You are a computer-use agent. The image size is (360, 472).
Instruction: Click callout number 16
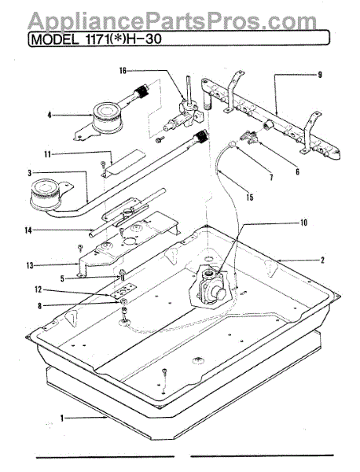(123, 71)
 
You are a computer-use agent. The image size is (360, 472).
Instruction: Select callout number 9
(320, 75)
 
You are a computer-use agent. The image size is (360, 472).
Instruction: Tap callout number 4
(50, 115)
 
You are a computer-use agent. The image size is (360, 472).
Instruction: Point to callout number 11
(47, 154)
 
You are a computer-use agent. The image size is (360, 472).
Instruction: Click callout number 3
(29, 173)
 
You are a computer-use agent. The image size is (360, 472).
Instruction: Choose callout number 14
(28, 231)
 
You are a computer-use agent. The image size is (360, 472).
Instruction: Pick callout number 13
(30, 266)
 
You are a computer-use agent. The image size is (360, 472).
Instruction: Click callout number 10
(303, 223)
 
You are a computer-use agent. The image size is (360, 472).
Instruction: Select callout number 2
(322, 260)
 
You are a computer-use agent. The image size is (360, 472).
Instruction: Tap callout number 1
(62, 419)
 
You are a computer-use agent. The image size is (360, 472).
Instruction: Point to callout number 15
(250, 197)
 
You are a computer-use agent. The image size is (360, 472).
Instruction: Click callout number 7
(271, 177)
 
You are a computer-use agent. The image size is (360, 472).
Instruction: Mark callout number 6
(297, 171)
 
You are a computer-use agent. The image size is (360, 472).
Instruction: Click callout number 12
(39, 289)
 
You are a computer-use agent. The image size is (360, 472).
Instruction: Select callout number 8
(40, 306)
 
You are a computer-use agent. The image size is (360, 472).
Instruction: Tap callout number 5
(62, 278)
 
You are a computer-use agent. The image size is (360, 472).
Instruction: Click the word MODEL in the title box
(54, 39)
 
